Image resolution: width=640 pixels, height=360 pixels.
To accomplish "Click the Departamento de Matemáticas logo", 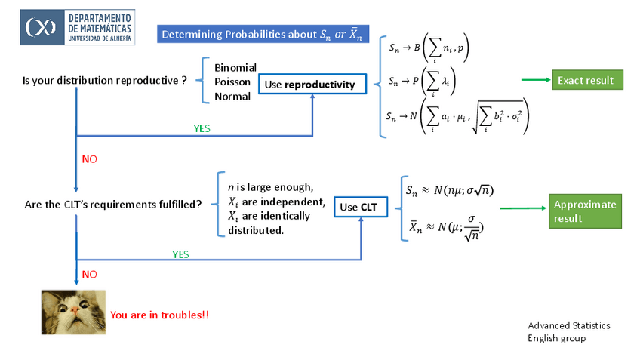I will coord(77,26).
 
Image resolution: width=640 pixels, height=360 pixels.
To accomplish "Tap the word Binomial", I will coord(235,67).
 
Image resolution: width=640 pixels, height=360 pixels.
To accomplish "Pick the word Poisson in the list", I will coord(233,82).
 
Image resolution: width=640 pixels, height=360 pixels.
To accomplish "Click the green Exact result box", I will coord(586,80).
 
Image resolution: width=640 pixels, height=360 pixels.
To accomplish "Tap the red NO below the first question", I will coord(89,159).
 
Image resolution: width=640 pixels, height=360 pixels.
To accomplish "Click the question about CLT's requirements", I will coord(113,204).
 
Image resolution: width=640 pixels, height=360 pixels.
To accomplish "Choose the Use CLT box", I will coord(358,207).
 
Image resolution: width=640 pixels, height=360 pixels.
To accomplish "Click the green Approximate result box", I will coord(585,211).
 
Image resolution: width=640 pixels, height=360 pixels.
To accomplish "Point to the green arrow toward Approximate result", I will coord(522,208).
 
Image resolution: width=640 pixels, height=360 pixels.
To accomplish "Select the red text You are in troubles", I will coord(159,315).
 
